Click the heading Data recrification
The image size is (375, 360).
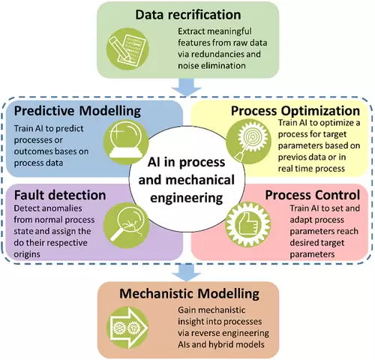188,15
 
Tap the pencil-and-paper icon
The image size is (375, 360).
127,49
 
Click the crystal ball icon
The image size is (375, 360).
126,142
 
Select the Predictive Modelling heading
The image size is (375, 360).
77,111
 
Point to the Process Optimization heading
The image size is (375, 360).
295,111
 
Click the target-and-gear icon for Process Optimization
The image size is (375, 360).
248,142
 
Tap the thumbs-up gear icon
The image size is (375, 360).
247,224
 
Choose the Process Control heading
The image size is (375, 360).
313,195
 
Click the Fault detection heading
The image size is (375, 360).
60,195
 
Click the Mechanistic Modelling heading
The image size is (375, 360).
189,294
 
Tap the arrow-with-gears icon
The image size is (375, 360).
127,328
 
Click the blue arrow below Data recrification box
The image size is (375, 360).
186,87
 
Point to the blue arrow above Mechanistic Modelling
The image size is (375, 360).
186,272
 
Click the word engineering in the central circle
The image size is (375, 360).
187,198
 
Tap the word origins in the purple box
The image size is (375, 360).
27,254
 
